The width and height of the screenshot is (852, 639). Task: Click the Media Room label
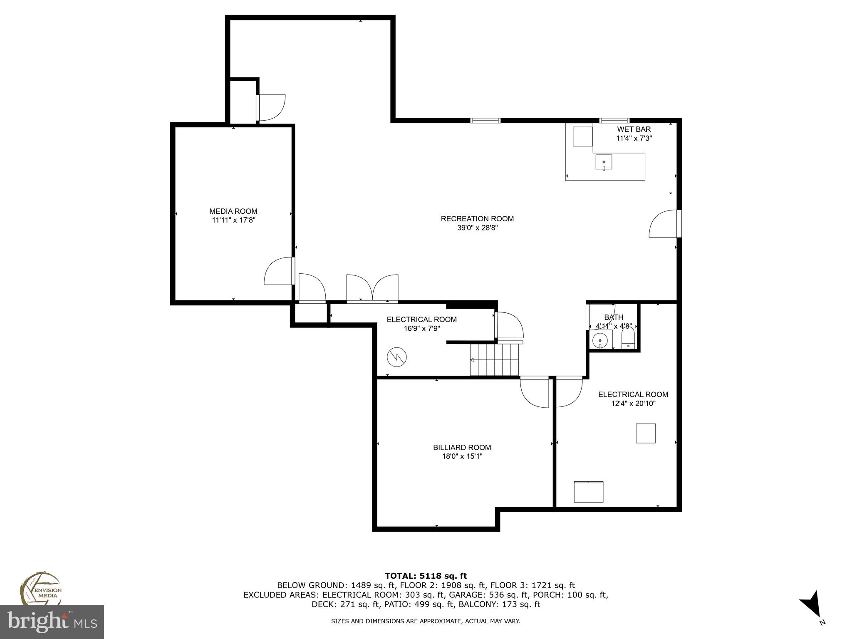[233, 211]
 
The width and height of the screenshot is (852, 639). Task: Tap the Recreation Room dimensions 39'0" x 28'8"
[477, 228]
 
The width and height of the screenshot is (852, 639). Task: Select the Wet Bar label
[634, 129]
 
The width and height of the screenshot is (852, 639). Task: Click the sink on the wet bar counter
[604, 162]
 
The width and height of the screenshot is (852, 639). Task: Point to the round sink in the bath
[600, 340]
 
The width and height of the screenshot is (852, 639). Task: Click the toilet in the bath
[627, 338]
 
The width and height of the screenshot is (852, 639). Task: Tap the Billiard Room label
[462, 448]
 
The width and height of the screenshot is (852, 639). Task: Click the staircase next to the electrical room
[495, 360]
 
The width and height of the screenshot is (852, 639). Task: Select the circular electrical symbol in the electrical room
[396, 357]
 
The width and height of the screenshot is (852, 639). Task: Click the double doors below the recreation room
[372, 288]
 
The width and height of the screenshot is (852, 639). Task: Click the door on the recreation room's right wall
[665, 224]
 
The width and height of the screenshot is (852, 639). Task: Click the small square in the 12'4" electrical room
[645, 433]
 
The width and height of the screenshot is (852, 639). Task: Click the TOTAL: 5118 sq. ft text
[426, 576]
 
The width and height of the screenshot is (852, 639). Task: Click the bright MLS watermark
[52, 622]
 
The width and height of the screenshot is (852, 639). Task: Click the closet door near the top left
[271, 108]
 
